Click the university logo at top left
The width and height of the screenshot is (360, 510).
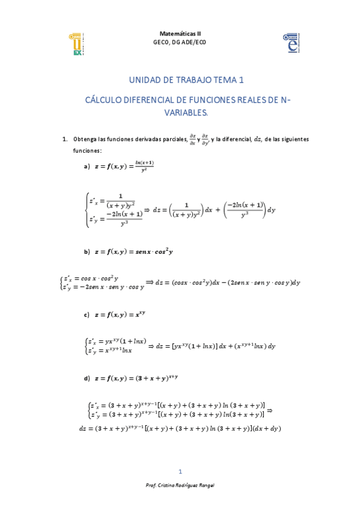tap(76, 44)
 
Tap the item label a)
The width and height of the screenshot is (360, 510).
tap(87, 167)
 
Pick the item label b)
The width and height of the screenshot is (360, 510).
tap(87, 252)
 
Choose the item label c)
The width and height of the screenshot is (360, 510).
tap(87, 315)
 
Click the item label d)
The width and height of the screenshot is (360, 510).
tap(87, 378)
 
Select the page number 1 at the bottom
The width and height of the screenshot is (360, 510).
tap(180, 471)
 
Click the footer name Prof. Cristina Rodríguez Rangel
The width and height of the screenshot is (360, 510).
tap(180, 485)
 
